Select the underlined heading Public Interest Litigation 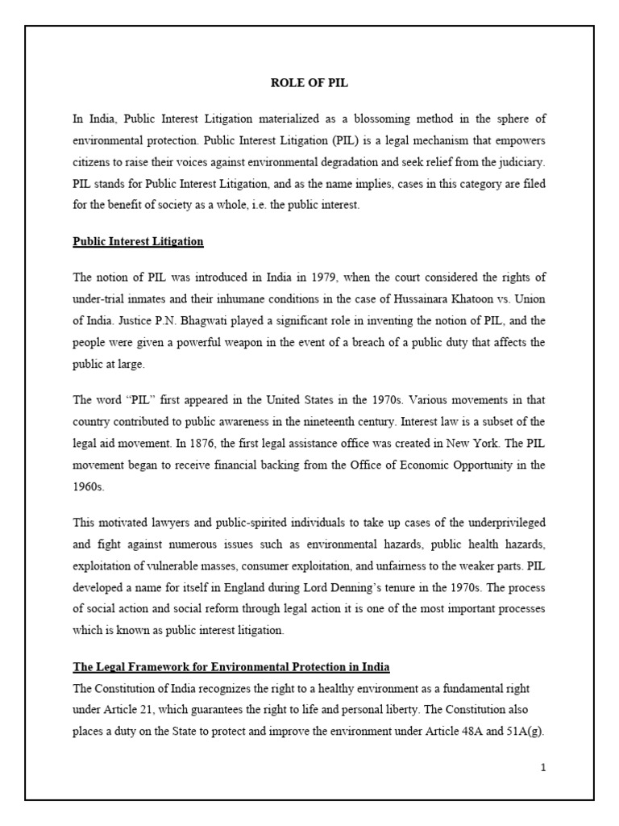pyautogui.click(x=138, y=241)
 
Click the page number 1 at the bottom pyautogui.click(x=543, y=767)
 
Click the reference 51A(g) pyautogui.click(x=526, y=732)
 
